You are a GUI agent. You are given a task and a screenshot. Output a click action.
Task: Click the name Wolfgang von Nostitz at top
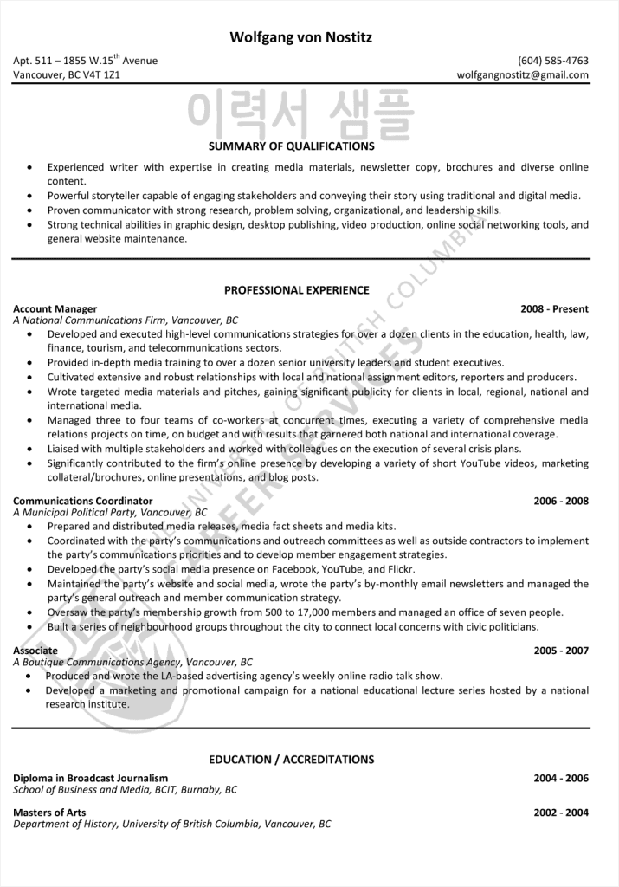point(301,37)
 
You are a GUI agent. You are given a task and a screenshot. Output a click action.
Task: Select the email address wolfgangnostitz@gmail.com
point(523,75)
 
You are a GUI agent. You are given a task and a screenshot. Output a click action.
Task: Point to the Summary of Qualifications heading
point(292,146)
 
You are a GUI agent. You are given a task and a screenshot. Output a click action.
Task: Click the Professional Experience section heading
point(296,290)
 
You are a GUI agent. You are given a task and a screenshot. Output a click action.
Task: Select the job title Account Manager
point(55,308)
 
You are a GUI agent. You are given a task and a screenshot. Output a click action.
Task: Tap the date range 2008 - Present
point(554,308)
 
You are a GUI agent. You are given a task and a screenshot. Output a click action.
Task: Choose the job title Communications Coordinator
point(83,501)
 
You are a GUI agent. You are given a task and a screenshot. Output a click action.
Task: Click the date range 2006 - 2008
point(561,501)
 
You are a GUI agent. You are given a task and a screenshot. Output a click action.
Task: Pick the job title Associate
point(35,651)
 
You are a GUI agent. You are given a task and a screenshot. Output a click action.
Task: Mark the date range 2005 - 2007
point(561,651)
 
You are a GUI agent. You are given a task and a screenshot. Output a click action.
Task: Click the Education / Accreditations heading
point(292,760)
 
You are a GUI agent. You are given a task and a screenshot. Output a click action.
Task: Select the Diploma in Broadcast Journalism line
point(91,778)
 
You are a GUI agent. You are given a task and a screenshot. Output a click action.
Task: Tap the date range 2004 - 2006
point(561,778)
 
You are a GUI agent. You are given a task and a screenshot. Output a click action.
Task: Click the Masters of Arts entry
point(50,813)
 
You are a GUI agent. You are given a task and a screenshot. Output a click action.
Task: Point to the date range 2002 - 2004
point(561,813)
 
